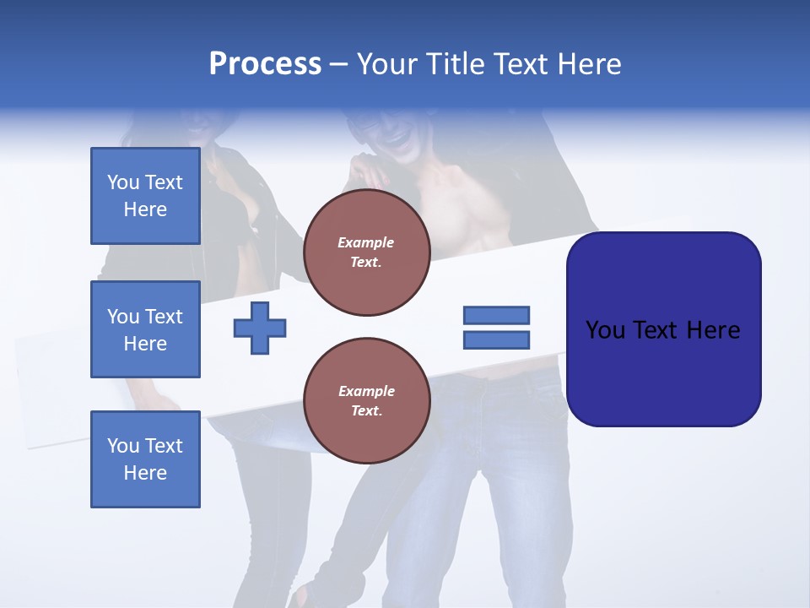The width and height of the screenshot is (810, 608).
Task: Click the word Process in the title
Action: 265,64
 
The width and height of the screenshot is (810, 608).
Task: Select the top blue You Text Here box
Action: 145,196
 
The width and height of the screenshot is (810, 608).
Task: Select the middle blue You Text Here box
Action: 145,329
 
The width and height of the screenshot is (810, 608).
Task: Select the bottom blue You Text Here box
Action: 145,459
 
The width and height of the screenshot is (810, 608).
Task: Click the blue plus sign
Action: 260,328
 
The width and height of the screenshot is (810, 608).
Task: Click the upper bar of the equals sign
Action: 496,315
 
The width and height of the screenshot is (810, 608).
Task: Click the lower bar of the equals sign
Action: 496,340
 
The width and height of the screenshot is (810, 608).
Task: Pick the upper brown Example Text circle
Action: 367,252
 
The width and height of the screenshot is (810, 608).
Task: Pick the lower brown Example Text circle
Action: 367,401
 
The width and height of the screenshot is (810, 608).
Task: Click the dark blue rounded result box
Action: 663,329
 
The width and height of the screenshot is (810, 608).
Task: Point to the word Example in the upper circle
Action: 366,242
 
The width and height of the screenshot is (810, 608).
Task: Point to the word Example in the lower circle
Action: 366,391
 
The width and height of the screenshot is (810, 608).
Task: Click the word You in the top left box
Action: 123,182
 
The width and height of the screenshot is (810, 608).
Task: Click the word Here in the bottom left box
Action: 145,473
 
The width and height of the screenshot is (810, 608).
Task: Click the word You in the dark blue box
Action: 605,330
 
